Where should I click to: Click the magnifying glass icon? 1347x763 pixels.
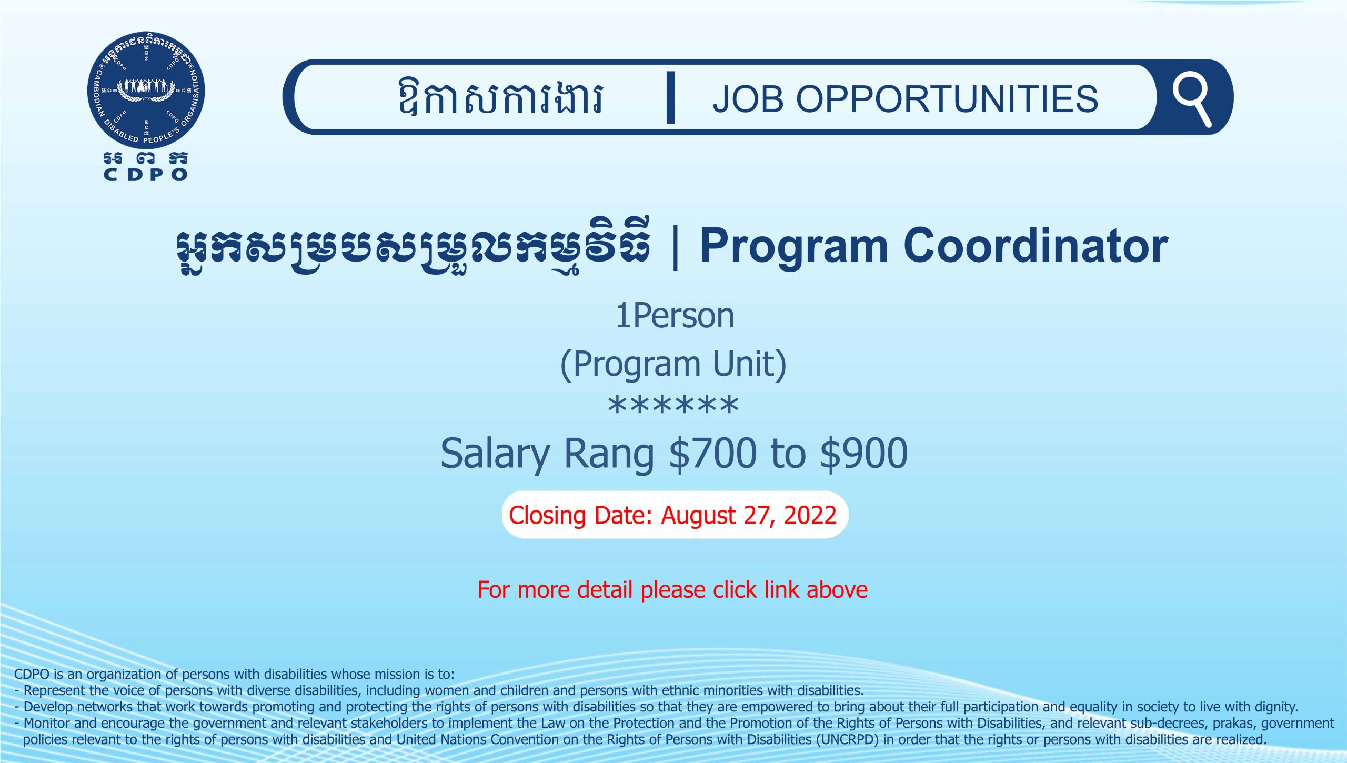click(x=1191, y=99)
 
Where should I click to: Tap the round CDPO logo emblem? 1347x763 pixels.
click(x=146, y=90)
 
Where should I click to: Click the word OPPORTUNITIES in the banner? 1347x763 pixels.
click(x=947, y=99)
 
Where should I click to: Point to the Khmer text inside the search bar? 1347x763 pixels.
click(x=500, y=97)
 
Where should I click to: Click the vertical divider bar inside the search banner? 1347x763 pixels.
click(x=670, y=98)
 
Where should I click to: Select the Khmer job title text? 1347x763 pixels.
click(x=413, y=246)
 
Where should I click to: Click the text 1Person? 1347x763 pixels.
click(x=675, y=316)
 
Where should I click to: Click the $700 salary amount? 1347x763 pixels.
click(x=713, y=453)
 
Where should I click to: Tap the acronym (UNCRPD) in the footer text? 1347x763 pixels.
click(x=847, y=739)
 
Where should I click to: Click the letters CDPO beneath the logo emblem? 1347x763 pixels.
click(x=146, y=175)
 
